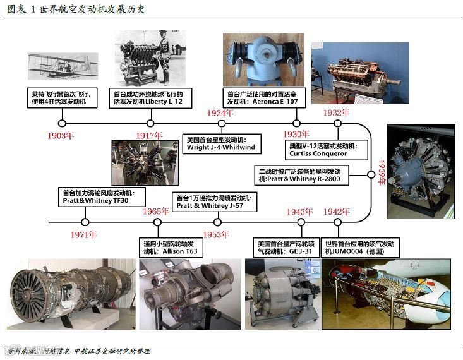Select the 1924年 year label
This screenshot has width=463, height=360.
coord(221,112)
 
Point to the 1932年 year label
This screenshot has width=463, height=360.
coord(337,112)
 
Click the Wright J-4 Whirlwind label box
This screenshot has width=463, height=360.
coord(221,143)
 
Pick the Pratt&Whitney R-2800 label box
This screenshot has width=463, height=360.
coord(300,175)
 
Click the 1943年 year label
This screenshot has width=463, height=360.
coord(300,212)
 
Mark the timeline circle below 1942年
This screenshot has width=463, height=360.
coord(337,222)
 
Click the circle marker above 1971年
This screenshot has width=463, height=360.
coord(85,222)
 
